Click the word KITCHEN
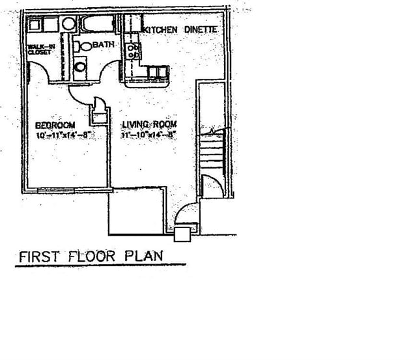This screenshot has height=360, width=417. tap(160, 29)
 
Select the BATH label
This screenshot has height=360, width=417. tap(104, 45)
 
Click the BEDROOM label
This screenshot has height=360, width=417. tap(55, 124)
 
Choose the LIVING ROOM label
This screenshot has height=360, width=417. tap(149, 124)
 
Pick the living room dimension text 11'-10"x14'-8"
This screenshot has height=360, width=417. tap(149, 135)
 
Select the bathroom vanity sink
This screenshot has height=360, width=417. tap(79, 65)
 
